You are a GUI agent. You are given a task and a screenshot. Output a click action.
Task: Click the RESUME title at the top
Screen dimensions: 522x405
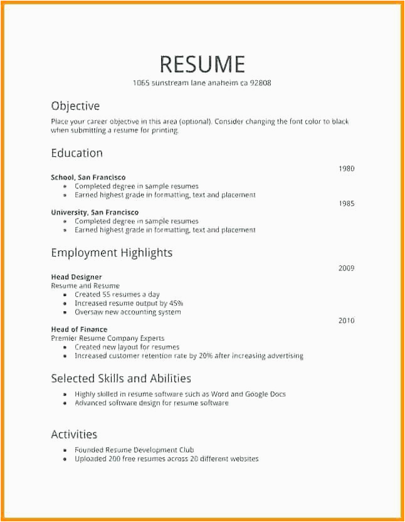click(x=202, y=64)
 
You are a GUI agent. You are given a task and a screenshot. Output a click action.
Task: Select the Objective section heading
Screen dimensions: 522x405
click(x=75, y=106)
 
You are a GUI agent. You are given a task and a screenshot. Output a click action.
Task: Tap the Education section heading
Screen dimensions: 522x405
click(x=76, y=153)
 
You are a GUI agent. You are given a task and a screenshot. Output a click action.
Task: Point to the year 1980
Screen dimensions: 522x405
click(x=346, y=169)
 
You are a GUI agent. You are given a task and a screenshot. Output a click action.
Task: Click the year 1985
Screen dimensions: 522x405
click(x=346, y=204)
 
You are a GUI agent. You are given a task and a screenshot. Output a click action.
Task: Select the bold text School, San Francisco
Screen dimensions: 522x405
click(x=88, y=178)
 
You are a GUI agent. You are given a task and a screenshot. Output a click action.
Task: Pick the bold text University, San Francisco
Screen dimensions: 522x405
click(x=95, y=213)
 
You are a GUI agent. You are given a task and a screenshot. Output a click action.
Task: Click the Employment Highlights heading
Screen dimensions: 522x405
click(x=112, y=253)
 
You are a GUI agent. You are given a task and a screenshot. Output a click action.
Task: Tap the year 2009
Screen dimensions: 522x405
click(x=346, y=269)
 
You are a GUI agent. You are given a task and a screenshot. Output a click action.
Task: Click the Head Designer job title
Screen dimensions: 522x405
click(x=76, y=277)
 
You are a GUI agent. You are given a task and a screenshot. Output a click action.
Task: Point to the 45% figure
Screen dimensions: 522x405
click(x=174, y=304)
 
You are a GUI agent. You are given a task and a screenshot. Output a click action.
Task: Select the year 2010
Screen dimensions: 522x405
click(x=346, y=321)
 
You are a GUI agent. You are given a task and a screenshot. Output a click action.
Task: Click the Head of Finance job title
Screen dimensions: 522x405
click(x=79, y=329)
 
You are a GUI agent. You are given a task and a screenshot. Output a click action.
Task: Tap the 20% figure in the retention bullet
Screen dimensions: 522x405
click(x=206, y=356)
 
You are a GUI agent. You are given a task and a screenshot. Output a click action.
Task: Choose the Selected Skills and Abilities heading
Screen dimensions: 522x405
click(x=121, y=378)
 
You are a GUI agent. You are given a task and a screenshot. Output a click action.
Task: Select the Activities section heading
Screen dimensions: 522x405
click(x=74, y=434)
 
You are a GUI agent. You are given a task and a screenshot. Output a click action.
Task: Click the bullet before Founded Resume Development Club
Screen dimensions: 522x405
click(x=65, y=450)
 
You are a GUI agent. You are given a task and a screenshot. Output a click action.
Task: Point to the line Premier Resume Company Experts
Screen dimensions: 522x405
click(x=108, y=338)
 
